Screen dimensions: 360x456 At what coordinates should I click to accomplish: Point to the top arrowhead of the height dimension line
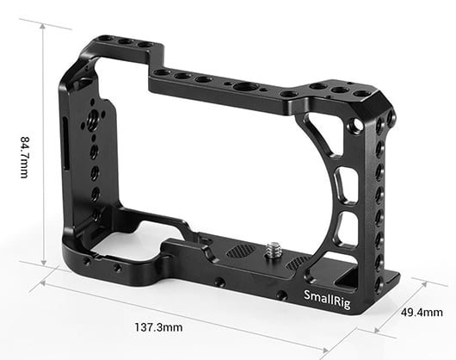44,25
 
